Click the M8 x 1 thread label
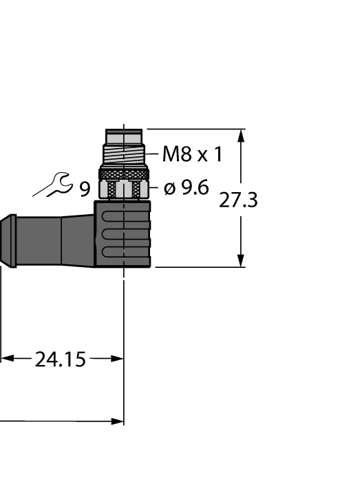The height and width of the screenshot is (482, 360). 192,154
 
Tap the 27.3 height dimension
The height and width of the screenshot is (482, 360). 238,200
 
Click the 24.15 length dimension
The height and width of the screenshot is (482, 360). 61,359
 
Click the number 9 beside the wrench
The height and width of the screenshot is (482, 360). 84,188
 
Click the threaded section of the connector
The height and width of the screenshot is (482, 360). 124,154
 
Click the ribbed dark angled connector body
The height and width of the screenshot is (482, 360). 124,234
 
